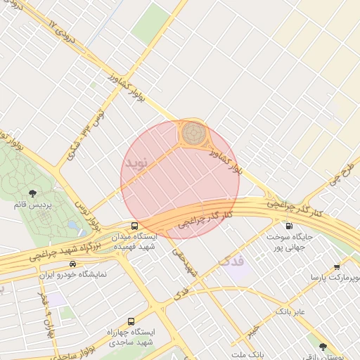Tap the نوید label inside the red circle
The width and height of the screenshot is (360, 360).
pos(138,162)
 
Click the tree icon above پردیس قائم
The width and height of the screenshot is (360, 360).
pos(32,193)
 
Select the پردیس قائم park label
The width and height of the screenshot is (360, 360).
pos(32,205)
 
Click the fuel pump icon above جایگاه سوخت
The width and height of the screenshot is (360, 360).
pos(289,226)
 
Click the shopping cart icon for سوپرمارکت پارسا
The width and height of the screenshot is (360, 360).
pos(337,266)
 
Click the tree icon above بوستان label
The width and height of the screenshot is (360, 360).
pos(323,346)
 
